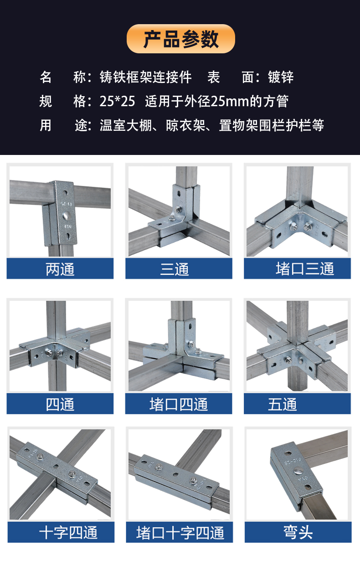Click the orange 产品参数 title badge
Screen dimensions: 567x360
pos(180,39)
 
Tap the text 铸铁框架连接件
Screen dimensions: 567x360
pos(145,77)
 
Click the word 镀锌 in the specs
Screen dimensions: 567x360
pos(280,77)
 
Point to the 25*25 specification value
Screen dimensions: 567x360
pos(117,101)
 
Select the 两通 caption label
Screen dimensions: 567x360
pos(60,269)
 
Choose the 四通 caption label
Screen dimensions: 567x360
pos(60,404)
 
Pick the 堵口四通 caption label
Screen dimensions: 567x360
pos(178,404)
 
